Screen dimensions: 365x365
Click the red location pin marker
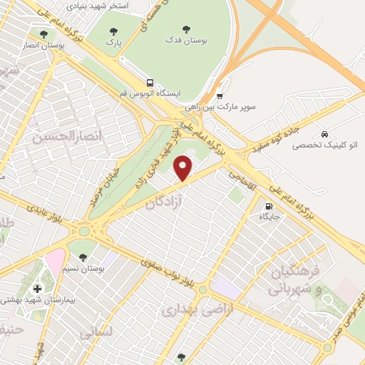click(184, 168)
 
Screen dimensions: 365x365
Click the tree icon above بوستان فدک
click(186, 30)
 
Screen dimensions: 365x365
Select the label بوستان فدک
click(186, 42)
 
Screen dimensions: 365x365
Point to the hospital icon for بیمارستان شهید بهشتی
click(37, 289)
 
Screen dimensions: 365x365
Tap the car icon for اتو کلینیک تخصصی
click(324, 135)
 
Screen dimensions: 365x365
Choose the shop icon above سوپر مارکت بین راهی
click(220, 96)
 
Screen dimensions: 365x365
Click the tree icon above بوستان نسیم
click(83, 257)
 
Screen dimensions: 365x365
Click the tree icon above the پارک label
click(114, 31)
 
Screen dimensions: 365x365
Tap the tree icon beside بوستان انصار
click(44, 34)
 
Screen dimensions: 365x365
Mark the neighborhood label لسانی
click(96, 333)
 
